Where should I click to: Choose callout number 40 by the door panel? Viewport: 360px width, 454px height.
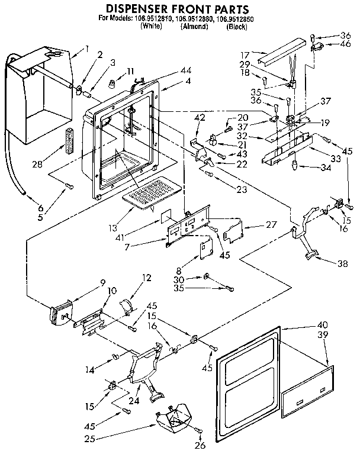point(322,325)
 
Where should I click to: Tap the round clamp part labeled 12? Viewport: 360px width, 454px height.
point(126,306)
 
